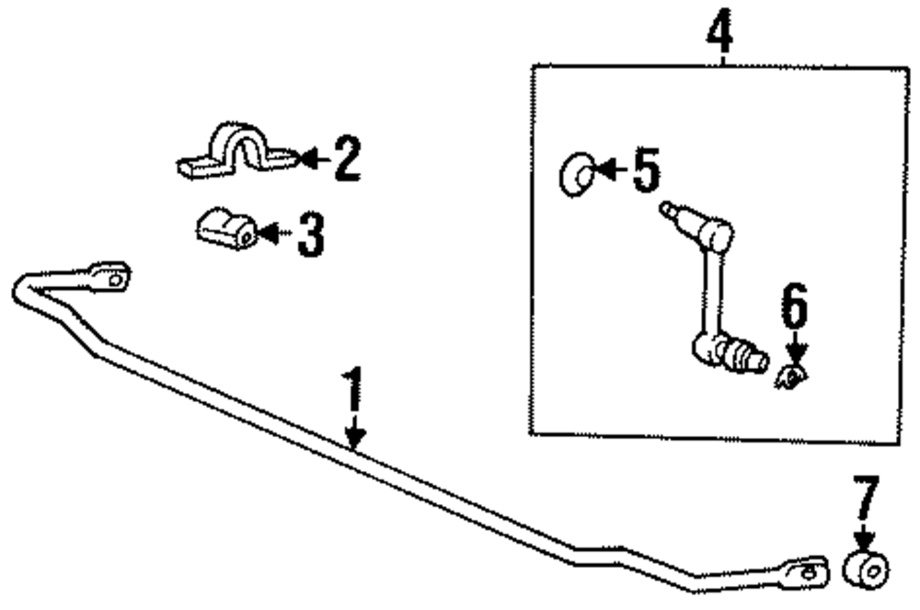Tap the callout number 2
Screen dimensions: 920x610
(346, 160)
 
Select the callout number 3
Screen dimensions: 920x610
(311, 235)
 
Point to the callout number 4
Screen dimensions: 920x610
(721, 33)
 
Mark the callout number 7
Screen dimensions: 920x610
(867, 501)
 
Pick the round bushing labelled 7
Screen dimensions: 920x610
(867, 569)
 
